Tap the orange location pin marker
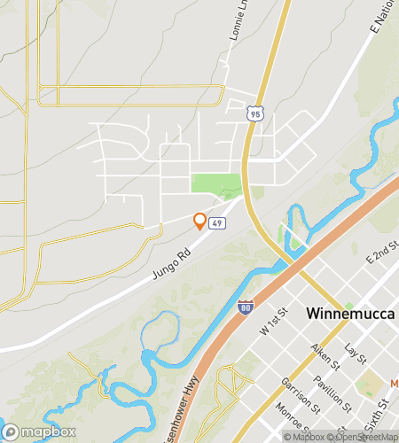point(199,221)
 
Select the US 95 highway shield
point(255,113)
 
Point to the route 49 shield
point(217,223)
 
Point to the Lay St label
point(356,354)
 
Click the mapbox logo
point(37,431)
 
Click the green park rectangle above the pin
point(215,185)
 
